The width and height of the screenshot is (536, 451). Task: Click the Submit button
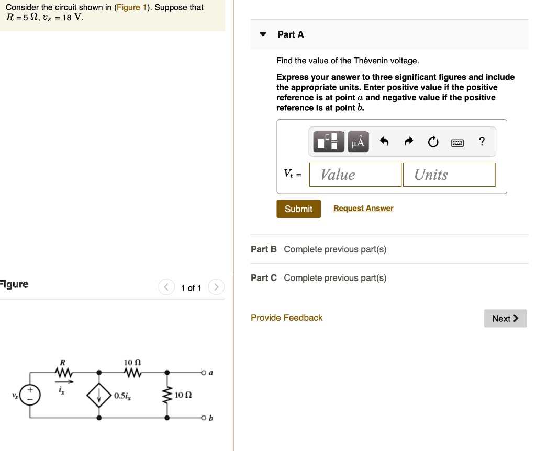[x=298, y=209]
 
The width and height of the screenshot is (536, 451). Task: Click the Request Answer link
[x=363, y=209]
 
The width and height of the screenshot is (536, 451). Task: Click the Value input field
[x=355, y=175]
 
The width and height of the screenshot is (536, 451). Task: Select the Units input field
[x=449, y=175]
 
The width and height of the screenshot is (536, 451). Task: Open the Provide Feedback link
[x=286, y=318]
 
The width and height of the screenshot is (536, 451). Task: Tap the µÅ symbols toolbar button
[x=358, y=142]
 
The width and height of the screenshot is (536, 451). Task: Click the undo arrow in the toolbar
[x=384, y=142]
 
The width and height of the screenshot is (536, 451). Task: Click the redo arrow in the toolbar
[x=409, y=142]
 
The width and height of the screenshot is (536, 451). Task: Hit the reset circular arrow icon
[x=433, y=142]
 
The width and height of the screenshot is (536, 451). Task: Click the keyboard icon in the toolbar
[x=457, y=142]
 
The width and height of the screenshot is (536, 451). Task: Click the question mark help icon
[x=482, y=142]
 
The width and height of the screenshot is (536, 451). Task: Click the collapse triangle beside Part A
[x=263, y=35]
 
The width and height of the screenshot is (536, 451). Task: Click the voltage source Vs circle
[x=29, y=395]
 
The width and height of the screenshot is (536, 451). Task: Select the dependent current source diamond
[x=99, y=396]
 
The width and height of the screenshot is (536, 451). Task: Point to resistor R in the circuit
[x=63, y=373]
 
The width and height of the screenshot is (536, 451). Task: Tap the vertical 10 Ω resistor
[x=167, y=396]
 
